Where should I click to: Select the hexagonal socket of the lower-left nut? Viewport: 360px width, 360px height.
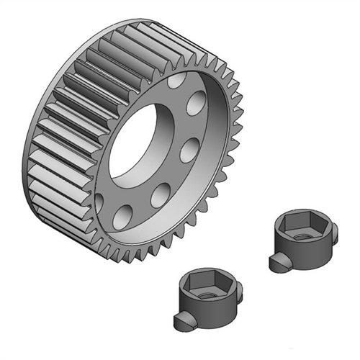coord(205,284)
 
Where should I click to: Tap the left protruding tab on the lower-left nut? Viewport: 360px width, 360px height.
coord(181,317)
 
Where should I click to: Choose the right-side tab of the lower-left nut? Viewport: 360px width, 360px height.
coord(238,290)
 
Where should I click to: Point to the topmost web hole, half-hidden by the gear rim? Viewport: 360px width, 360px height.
coord(175,81)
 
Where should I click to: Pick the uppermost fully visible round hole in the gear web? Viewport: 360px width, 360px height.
coord(195,104)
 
